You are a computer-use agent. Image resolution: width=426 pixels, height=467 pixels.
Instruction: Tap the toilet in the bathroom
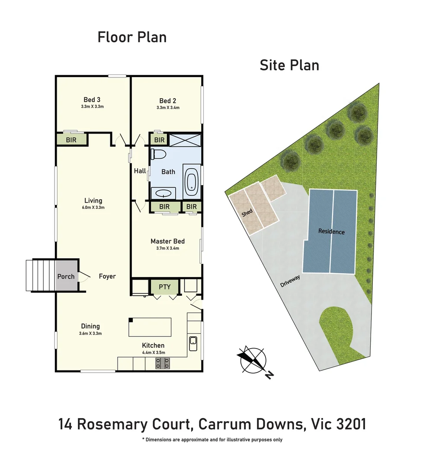[x=156, y=155]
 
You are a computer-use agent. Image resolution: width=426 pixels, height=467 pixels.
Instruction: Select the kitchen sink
[x=193, y=344]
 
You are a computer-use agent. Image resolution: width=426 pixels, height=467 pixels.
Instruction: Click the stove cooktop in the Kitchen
[x=163, y=365]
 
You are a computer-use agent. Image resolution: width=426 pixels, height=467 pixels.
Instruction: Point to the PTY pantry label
[x=164, y=287]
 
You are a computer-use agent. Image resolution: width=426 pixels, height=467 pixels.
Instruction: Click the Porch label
[x=66, y=276]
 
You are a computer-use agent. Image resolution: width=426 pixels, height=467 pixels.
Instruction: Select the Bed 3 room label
[x=92, y=100]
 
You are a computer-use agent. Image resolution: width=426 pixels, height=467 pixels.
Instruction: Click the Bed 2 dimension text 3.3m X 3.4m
[x=168, y=108]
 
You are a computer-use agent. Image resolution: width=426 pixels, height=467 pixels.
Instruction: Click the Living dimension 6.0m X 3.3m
[x=93, y=208]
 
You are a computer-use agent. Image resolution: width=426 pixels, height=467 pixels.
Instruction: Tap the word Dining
[x=90, y=326]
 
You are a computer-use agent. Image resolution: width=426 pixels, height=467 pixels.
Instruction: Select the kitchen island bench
[x=150, y=327]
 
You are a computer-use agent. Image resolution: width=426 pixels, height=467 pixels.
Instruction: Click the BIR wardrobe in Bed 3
[x=71, y=140]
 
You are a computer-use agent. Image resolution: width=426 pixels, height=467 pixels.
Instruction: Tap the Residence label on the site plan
[x=331, y=231]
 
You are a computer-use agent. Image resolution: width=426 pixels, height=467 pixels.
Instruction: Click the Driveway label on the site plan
[x=290, y=281]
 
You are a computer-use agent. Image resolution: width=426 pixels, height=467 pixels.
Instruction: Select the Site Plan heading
[x=289, y=65]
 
